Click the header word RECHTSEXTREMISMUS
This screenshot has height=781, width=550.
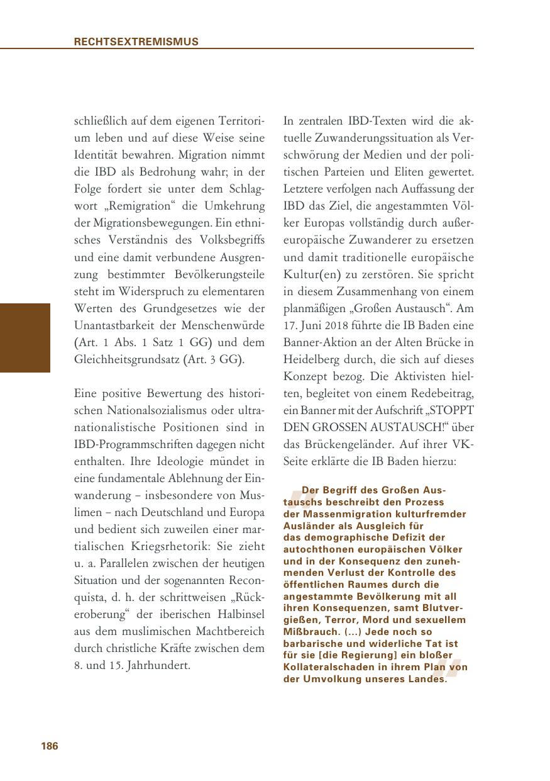click(136, 42)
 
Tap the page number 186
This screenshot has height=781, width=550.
click(49, 746)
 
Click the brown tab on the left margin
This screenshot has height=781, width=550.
click(25, 338)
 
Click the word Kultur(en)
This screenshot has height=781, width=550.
click(311, 275)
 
